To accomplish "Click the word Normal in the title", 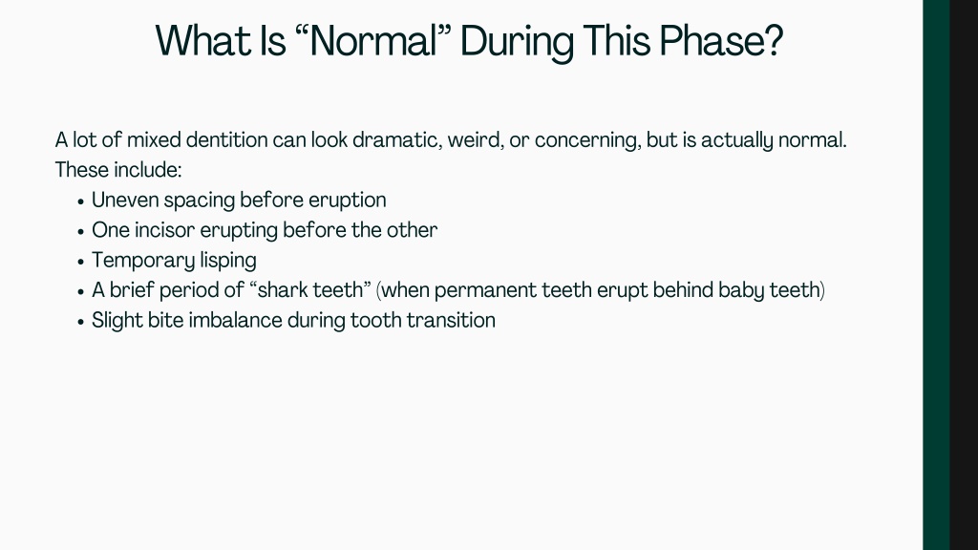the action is tap(372, 42).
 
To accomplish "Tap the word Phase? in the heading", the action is tap(721, 42).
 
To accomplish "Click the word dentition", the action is tap(227, 139).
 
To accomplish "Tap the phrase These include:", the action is tap(118, 170).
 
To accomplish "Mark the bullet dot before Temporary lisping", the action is tap(80, 262).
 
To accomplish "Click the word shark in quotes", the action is tap(283, 290).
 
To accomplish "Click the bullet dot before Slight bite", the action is tap(80, 322).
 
